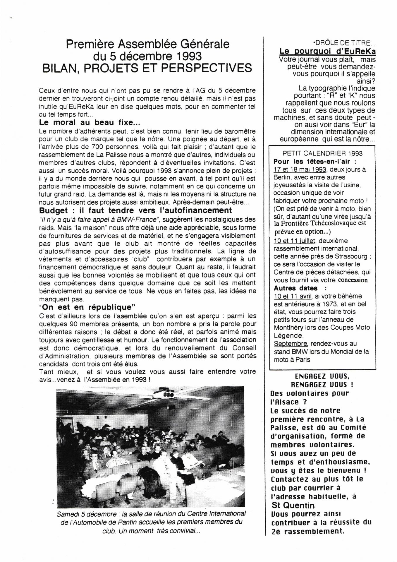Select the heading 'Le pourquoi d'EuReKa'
coord(327,52)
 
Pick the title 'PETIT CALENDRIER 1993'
coord(322,153)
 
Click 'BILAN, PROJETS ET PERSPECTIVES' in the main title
coord(147,68)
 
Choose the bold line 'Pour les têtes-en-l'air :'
coord(315,162)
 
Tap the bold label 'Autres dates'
coord(295,288)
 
